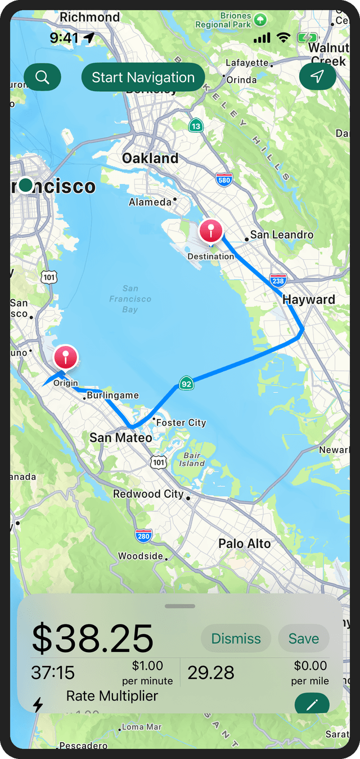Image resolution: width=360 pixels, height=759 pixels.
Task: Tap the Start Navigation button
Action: pos(143,78)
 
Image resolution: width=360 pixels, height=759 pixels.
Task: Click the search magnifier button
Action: pos(42,77)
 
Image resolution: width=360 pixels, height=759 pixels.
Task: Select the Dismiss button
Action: pos(236,639)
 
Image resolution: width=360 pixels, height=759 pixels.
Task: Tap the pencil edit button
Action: pos(312,704)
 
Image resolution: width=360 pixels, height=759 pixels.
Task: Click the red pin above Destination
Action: pos(211,231)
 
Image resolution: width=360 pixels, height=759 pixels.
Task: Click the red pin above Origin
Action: pos(66,357)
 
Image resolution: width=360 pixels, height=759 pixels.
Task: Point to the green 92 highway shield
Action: pos(186,384)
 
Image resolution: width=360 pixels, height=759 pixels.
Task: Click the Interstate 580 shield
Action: pos(223,179)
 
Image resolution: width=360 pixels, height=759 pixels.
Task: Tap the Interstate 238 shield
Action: pos(278,280)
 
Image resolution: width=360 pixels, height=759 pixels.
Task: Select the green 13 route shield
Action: pos(196,125)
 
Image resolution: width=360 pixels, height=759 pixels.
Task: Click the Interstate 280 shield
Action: pos(143,536)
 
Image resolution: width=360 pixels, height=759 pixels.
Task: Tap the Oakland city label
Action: pos(150,158)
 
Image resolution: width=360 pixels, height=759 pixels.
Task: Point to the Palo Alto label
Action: pos(244,544)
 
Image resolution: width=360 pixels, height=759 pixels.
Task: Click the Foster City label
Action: pos(181,423)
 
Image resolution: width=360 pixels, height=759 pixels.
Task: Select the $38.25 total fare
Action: pos(92,638)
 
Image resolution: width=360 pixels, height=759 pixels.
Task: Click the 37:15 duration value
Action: pos(52,672)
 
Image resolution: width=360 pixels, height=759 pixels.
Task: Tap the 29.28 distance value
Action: pos(211,672)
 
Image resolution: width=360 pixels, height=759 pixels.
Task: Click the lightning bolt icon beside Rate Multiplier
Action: pos(38,704)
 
